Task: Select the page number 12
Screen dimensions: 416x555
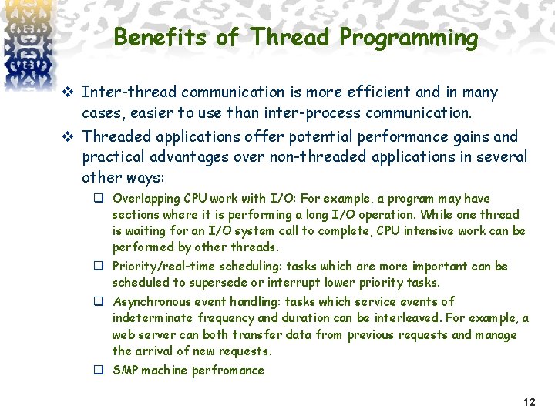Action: click(529, 402)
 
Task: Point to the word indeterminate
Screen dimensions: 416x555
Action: click(151, 318)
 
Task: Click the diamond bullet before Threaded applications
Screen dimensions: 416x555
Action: click(68, 137)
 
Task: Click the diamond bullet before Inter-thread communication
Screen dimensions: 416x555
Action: click(68, 93)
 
